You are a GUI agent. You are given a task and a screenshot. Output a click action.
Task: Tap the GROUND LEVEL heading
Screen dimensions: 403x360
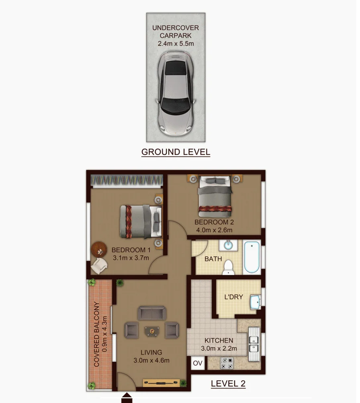click(x=176, y=152)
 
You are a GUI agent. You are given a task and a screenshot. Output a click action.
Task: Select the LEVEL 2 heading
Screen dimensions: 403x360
click(x=228, y=384)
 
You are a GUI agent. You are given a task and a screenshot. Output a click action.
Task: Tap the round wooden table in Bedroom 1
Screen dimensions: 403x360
click(x=99, y=249)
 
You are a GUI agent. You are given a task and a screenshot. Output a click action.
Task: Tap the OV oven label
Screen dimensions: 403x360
click(x=197, y=363)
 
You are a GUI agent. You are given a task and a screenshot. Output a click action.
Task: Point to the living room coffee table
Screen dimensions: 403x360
click(x=152, y=331)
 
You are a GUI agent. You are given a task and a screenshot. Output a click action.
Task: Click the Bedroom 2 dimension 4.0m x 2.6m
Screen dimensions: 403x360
click(x=214, y=230)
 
